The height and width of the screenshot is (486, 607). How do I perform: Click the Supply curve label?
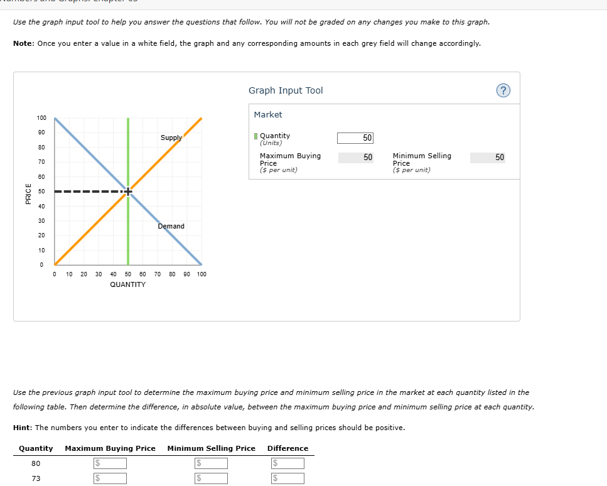pos(171,138)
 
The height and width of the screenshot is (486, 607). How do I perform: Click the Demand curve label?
pos(171,226)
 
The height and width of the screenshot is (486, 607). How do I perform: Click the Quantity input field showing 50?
pos(355,138)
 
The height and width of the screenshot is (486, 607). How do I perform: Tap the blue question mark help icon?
pos(503,91)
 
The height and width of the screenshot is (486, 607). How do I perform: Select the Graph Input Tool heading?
pos(286,90)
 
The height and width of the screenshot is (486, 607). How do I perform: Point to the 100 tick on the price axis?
pos(41,118)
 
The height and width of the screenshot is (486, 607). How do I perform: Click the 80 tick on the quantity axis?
pos(172,274)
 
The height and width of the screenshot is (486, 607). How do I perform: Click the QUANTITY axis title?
pos(127,284)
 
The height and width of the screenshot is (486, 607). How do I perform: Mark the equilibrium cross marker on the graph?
pos(128,192)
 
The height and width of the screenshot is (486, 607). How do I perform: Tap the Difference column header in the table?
pos(287,448)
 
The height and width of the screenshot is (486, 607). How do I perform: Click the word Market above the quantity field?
pos(268,114)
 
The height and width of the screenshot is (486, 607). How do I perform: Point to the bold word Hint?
pos(23,428)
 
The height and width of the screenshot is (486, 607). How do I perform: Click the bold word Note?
pos(23,43)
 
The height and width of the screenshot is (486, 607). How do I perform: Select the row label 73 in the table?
pos(36,478)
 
